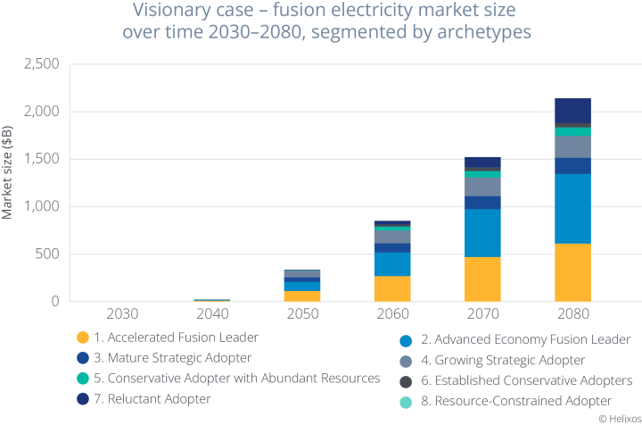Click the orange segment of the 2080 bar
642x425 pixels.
[572, 271]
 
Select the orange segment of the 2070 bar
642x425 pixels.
[481, 279]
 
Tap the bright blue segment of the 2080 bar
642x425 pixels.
[572, 208]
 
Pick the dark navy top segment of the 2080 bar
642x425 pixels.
[572, 110]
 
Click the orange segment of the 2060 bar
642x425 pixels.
[392, 288]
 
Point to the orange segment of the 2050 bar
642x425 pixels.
[301, 296]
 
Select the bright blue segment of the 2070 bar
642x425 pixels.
[481, 232]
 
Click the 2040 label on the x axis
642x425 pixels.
[211, 314]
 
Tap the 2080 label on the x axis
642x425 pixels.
[572, 314]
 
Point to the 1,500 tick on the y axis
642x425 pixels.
[41, 160]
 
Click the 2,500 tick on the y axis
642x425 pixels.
[41, 64]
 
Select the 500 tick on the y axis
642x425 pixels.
[45, 254]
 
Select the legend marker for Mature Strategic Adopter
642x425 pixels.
[82, 359]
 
